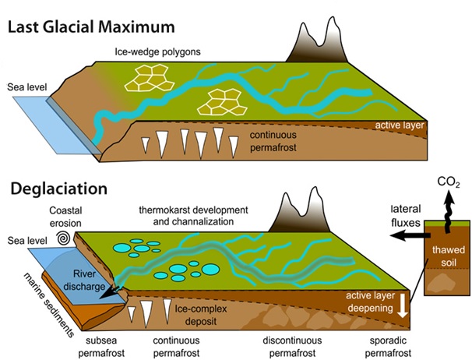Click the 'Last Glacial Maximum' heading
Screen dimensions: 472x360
91,27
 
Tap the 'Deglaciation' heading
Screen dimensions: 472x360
59,189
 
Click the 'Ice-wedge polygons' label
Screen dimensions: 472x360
158,51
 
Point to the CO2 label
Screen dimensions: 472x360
449,182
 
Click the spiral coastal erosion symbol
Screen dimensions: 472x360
64,238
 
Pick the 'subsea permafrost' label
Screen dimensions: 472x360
101,347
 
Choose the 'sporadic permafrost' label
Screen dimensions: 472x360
388,347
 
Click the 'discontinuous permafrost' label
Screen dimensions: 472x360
292,347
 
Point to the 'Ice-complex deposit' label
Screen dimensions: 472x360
201,315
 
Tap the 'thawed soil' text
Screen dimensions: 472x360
449,256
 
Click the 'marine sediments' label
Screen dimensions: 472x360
49,305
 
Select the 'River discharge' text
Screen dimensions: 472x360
85,280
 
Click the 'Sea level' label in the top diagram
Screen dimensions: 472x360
27,87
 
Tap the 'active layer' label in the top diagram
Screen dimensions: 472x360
400,125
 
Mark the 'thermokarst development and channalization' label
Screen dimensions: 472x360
194,215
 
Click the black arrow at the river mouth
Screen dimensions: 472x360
110,291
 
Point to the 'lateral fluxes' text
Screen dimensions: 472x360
406,216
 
